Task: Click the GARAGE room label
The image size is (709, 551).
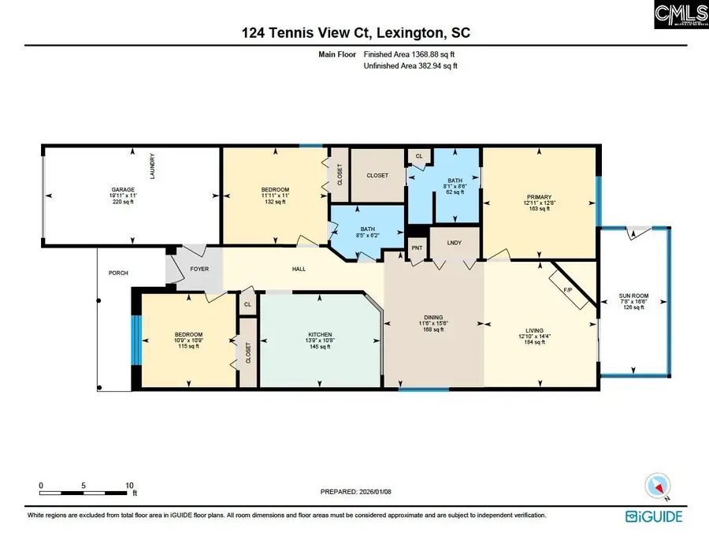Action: tap(123, 190)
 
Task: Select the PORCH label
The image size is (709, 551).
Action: tap(118, 274)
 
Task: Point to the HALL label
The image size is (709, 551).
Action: tap(299, 270)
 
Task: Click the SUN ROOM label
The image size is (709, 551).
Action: tap(633, 297)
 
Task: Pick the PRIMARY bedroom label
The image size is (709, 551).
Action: tap(540, 197)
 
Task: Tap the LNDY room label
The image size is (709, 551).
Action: tap(455, 243)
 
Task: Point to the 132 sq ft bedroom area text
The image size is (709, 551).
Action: tap(275, 202)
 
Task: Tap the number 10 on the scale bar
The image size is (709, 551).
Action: tap(129, 486)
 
